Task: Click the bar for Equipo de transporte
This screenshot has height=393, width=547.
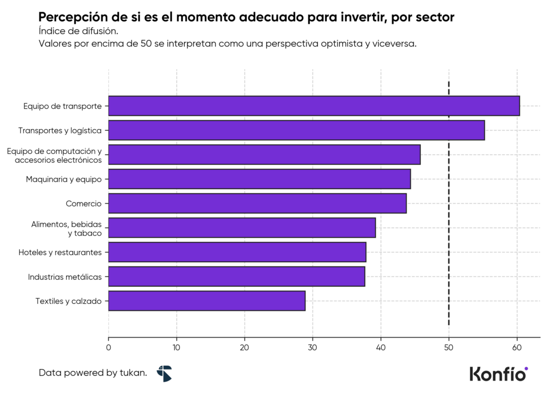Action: (x=314, y=106)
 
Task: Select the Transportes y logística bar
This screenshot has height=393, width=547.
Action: (x=296, y=130)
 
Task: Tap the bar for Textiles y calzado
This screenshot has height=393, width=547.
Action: (x=207, y=301)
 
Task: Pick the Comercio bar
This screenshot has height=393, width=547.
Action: (x=257, y=203)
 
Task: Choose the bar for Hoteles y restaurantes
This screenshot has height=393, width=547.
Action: (x=237, y=252)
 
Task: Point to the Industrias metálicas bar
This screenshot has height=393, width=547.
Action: (x=237, y=277)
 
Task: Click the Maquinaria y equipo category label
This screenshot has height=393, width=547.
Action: (x=64, y=179)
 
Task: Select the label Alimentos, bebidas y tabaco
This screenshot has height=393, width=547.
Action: (x=66, y=228)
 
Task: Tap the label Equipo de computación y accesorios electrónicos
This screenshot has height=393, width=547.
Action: (x=54, y=155)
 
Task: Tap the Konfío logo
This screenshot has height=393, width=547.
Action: (x=498, y=374)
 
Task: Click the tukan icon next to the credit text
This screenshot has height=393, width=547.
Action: (x=164, y=373)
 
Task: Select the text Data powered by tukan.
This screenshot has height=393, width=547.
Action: (x=93, y=373)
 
